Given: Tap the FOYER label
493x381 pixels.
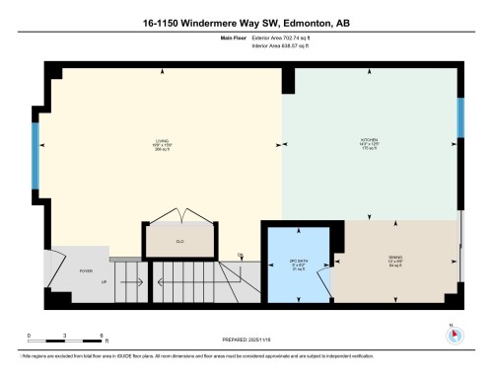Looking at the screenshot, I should click(86, 269).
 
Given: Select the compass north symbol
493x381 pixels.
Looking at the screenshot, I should click(454, 333).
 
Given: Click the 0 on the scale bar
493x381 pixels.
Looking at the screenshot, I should click(30, 337).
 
